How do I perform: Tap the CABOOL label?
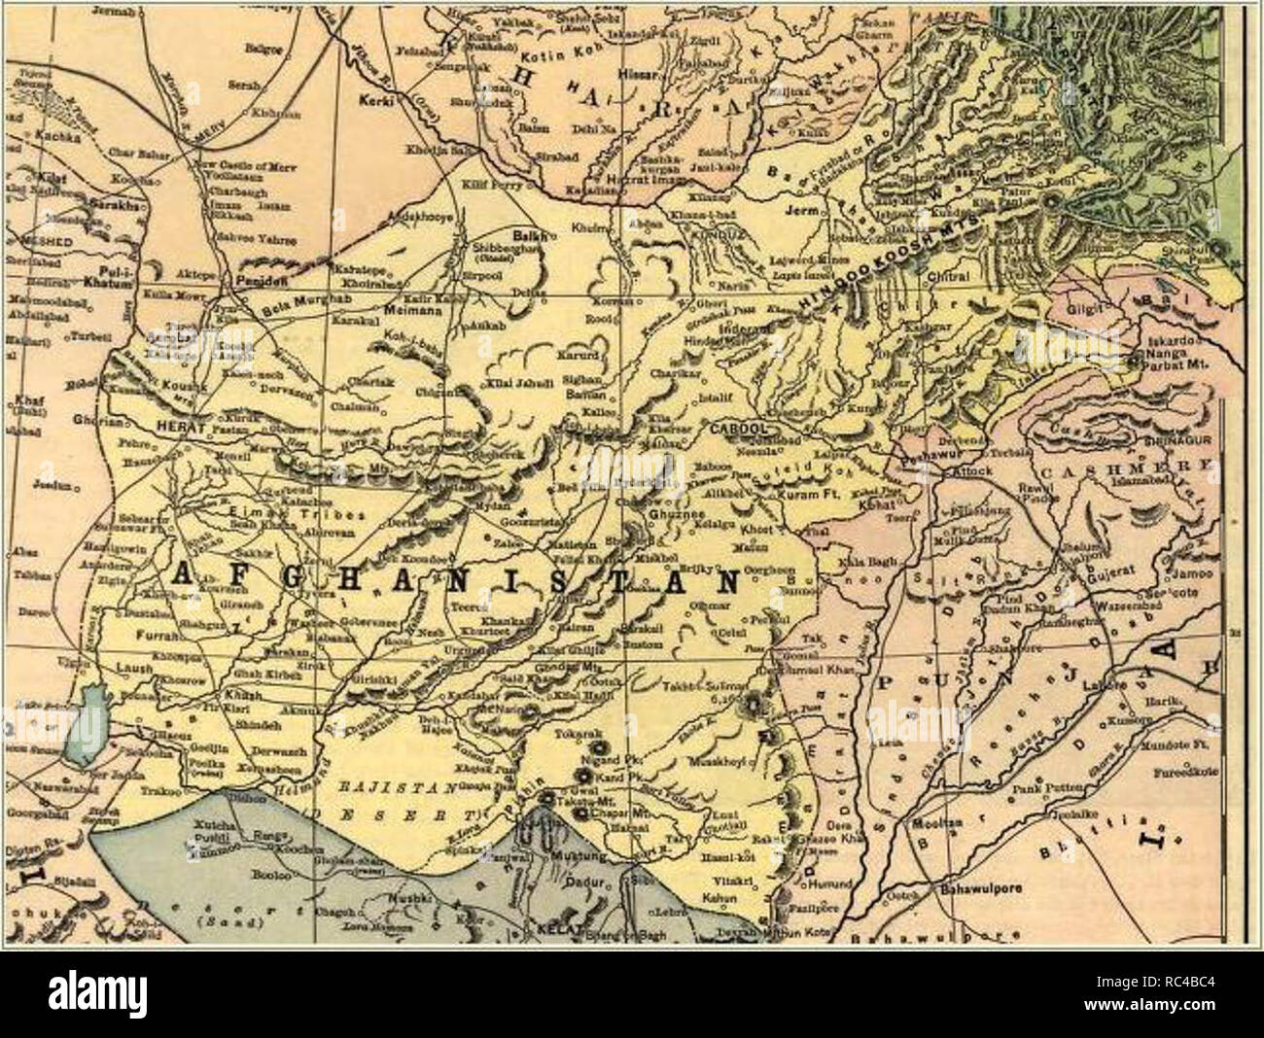[x=741, y=428]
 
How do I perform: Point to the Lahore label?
[x=1126, y=684]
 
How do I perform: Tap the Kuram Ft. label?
[x=809, y=496]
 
